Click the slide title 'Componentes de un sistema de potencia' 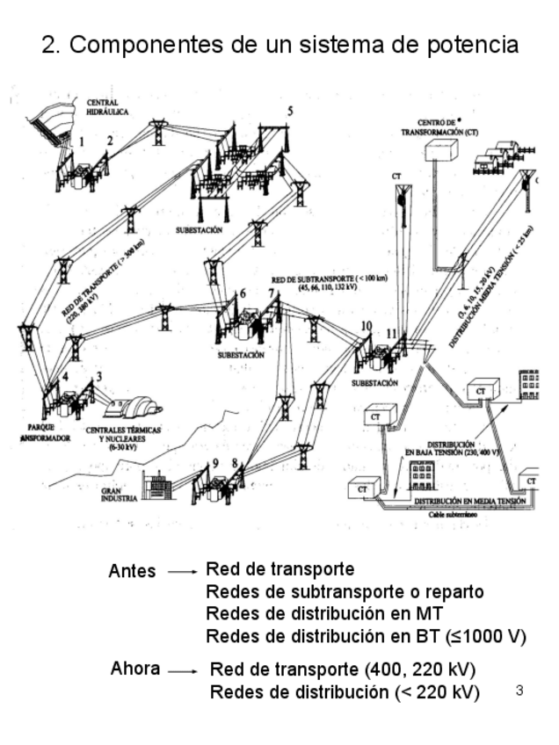279,45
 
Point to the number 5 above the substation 290,112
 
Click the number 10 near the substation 366,326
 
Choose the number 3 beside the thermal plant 99,377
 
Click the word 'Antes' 132,571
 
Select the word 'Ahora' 134,669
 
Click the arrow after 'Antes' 182,572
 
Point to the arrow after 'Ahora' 184,670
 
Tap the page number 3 519,691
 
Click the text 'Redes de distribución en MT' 324,613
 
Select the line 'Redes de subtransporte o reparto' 345,591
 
